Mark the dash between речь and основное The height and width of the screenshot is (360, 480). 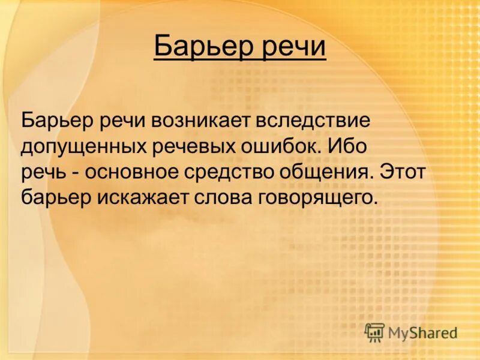point(78,173)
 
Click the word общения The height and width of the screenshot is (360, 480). point(326,172)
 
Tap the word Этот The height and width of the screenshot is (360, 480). point(403,172)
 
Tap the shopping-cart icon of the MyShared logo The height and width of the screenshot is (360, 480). point(374,332)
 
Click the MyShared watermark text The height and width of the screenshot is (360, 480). point(422,332)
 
